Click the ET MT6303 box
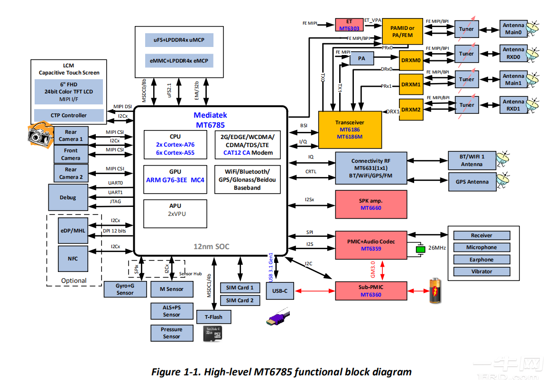point(349,25)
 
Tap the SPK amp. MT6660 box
point(371,205)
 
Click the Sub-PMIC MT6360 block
point(371,291)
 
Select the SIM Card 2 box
point(240,300)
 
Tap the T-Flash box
point(213,317)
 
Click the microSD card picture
point(212,334)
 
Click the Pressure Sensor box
point(171,333)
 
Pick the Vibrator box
point(481,271)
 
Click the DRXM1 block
point(410,84)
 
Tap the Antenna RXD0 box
point(513,53)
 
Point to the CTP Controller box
point(69,115)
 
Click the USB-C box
point(279,290)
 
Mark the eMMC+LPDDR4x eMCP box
point(179,61)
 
